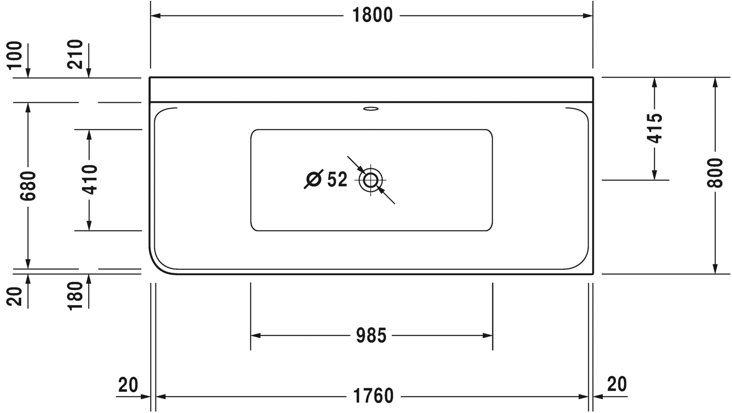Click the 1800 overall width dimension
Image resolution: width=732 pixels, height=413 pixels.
[372, 15]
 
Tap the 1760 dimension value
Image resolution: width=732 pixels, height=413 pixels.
[373, 396]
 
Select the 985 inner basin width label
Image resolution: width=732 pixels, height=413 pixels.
[371, 335]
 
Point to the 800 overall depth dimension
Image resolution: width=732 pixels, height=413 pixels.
[715, 173]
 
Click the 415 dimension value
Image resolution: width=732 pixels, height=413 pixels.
[655, 128]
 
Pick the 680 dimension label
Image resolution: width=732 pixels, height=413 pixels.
[29, 185]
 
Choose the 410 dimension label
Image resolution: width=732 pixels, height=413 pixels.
[89, 179]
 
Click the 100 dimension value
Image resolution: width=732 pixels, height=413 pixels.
[15, 55]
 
